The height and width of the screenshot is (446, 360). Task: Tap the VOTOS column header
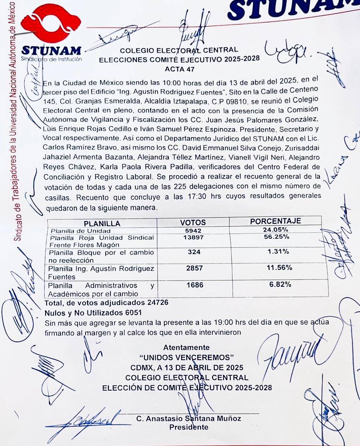[x=193, y=223]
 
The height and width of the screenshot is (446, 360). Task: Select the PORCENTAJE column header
[x=276, y=221]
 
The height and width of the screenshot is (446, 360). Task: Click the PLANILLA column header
[x=102, y=224]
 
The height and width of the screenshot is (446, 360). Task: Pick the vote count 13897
[x=194, y=238]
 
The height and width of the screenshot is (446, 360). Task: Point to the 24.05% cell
[x=276, y=230]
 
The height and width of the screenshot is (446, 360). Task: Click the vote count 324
[x=194, y=252]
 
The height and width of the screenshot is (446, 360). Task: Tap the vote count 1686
[x=194, y=285]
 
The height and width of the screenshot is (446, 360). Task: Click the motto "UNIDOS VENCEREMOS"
[x=186, y=358]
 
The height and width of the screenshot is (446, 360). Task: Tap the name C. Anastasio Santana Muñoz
[x=189, y=418]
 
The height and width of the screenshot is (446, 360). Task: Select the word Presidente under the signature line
[x=189, y=427]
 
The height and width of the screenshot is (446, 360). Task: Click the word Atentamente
[x=186, y=348]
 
